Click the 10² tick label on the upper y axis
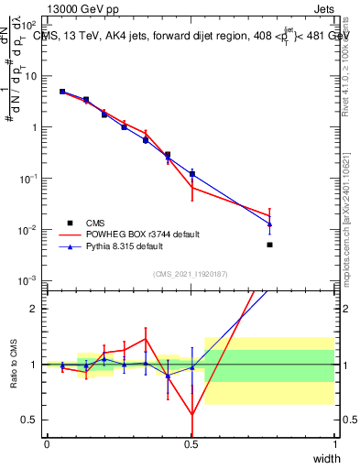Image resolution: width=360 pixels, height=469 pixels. coord(31,25)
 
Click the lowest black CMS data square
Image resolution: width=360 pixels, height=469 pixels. coord(269,245)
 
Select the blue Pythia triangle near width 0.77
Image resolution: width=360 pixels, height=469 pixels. coord(269,224)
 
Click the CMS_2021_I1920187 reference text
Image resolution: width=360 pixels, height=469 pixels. coord(191,273)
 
